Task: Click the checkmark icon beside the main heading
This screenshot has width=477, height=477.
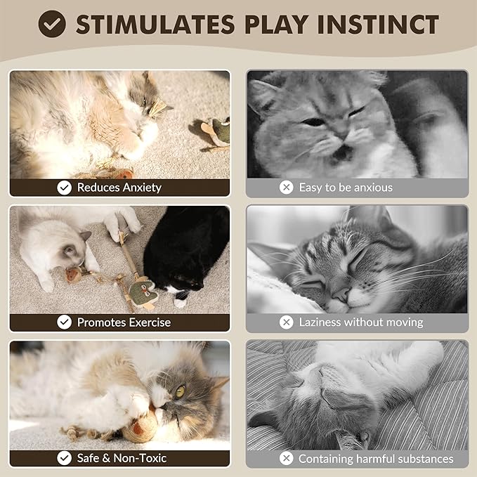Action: (x=52, y=24)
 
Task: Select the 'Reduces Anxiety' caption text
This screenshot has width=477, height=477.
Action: (x=119, y=188)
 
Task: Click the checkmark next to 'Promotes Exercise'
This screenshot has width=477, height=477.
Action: (x=65, y=322)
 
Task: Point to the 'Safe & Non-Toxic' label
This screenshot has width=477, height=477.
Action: (x=122, y=458)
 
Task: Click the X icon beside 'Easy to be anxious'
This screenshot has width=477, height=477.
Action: (x=286, y=188)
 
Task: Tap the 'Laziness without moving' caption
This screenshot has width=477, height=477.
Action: (x=361, y=322)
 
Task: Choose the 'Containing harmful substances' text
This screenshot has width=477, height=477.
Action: (x=376, y=459)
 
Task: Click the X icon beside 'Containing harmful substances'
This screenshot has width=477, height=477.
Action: (x=286, y=459)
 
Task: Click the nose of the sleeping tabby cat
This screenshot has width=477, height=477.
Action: (x=342, y=293)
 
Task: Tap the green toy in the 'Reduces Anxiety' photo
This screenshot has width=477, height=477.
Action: (x=220, y=129)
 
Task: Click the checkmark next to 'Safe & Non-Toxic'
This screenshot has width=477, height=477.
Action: (x=65, y=458)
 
